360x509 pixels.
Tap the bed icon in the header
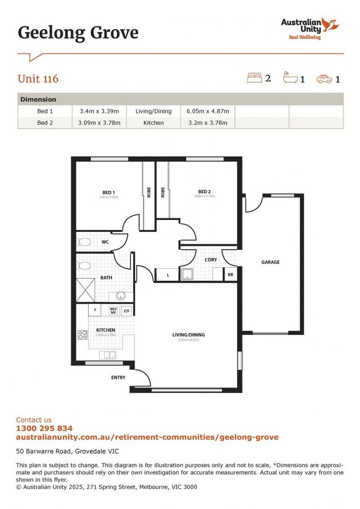254,78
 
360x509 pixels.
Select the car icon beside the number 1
324,79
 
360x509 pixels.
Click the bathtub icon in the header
290,78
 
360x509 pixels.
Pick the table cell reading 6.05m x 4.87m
208,111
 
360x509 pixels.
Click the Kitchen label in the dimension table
154,123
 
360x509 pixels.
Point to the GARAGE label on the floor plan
270,262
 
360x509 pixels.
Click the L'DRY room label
210,260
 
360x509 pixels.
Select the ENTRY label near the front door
118,378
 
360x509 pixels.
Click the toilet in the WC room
84,243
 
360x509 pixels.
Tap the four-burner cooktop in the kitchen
82,335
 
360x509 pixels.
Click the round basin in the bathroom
121,296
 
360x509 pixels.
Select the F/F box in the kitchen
126,311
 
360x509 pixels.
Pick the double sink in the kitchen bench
107,355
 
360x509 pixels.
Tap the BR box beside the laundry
230,275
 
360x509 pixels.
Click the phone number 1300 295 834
44,428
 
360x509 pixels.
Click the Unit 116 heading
38,79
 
